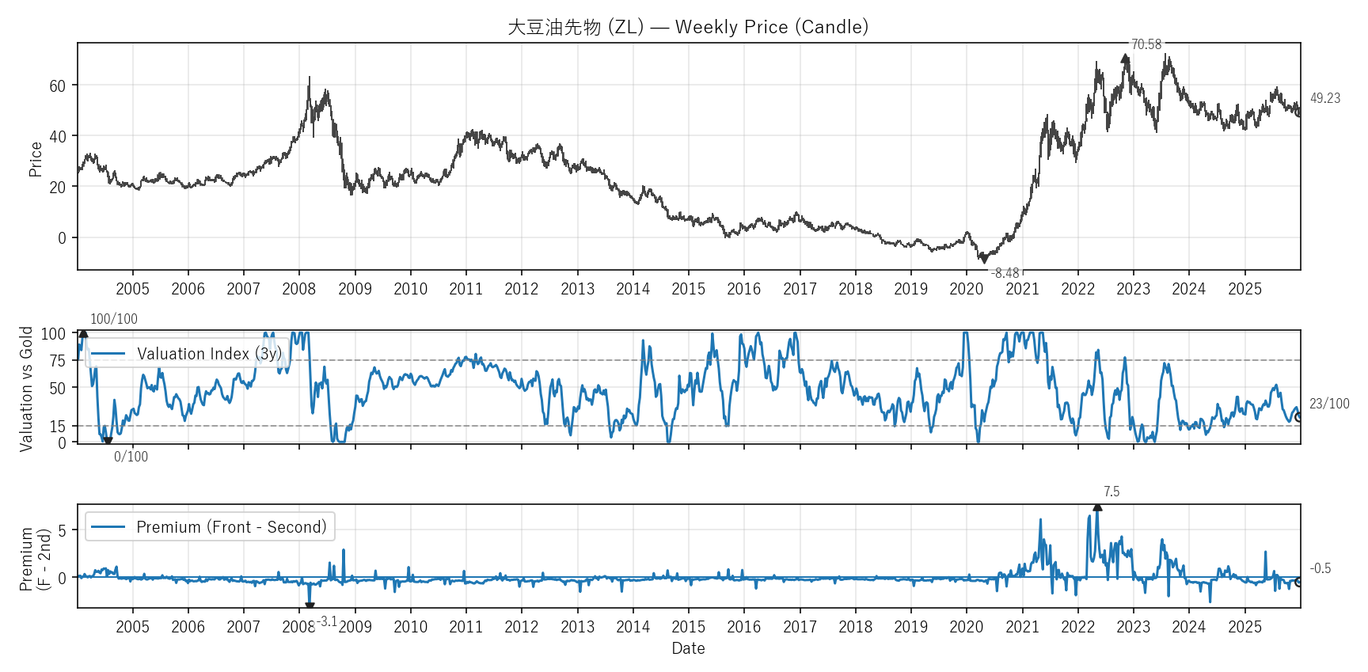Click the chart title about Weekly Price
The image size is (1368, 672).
point(688,27)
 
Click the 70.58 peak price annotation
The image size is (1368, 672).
point(1146,44)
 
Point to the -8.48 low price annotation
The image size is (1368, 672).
point(1005,273)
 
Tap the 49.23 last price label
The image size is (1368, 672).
point(1324,98)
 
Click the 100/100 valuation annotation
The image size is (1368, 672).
point(113,319)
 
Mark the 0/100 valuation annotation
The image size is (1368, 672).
point(131,457)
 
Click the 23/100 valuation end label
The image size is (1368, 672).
point(1329,404)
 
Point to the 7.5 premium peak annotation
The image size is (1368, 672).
point(1111,492)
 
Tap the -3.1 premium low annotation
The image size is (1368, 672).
point(327,621)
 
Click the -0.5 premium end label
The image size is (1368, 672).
point(1320,568)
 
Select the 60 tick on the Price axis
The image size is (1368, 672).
point(58,85)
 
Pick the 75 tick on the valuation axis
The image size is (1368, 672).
point(58,361)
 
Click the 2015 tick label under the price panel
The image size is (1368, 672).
point(688,289)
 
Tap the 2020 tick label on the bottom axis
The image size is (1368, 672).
point(966,627)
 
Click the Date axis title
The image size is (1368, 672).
point(688,648)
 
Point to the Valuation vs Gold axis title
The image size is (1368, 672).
point(26,389)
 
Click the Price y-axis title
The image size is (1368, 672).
point(35,159)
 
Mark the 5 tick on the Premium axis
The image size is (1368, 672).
point(62,530)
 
